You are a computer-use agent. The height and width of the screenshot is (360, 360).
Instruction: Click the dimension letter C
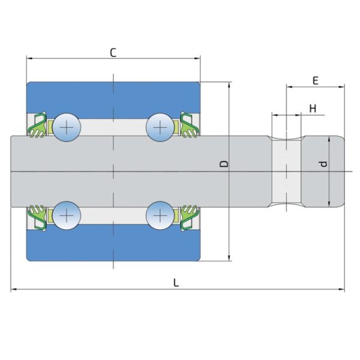(x=113, y=52)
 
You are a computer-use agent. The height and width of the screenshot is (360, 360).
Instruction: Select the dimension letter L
(x=176, y=283)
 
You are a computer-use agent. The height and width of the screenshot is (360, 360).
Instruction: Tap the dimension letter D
(x=223, y=164)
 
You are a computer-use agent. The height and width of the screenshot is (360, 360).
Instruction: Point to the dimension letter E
(x=315, y=80)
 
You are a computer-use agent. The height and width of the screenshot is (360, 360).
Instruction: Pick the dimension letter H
(x=313, y=108)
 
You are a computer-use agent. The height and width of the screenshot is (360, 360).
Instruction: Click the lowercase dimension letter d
(x=323, y=164)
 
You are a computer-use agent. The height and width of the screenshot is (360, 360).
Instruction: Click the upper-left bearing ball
(x=66, y=127)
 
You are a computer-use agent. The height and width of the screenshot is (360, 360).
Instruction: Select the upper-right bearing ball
(x=160, y=127)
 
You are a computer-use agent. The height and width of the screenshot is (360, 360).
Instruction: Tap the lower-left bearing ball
(x=66, y=215)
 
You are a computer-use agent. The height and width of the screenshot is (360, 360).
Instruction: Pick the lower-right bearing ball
(x=160, y=215)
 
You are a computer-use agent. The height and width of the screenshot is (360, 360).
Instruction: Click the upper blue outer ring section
(x=113, y=96)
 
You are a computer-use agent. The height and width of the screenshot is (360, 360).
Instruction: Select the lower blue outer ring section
(x=113, y=246)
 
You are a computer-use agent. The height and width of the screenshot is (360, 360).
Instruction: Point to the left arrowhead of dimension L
(x=13, y=290)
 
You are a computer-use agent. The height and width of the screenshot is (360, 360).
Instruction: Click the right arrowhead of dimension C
(x=197, y=59)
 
